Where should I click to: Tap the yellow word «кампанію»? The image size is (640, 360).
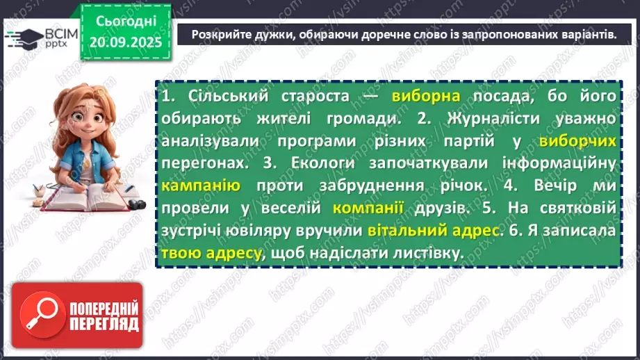pyautogui.click(x=201, y=186)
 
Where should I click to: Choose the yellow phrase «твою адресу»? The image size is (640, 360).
pyautogui.click(x=212, y=253)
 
